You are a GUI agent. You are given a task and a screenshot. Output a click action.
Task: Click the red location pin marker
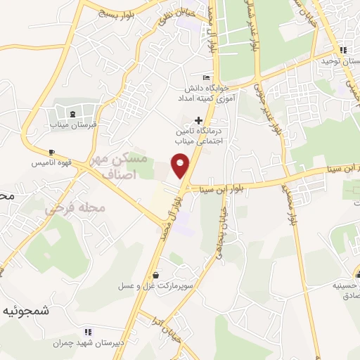181,165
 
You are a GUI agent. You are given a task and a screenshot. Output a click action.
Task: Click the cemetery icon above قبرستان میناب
72,114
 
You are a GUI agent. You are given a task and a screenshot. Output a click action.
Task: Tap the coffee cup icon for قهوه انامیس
51,152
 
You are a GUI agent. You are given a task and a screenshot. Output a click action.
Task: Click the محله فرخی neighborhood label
75,208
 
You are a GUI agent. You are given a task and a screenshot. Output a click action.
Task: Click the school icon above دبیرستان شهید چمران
87,332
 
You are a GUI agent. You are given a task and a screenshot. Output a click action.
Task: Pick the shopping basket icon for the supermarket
155,275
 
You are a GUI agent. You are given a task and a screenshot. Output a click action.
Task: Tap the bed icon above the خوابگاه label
205,77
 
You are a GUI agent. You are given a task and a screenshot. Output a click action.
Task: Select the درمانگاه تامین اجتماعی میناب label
203,136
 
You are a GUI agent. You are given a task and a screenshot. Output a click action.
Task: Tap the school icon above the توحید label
342,49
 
